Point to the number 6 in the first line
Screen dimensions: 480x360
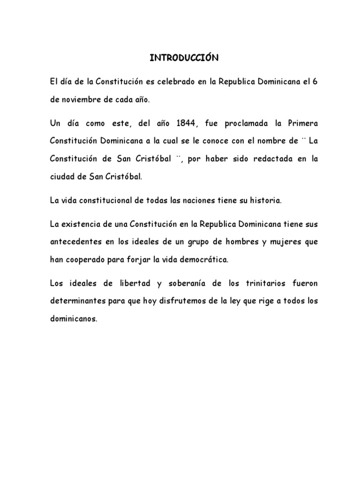pos(315,82)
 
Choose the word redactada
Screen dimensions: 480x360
pos(272,159)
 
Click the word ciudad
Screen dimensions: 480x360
pos(63,177)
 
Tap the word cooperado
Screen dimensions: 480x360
pos(87,260)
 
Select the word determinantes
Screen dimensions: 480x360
pos(75,301)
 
